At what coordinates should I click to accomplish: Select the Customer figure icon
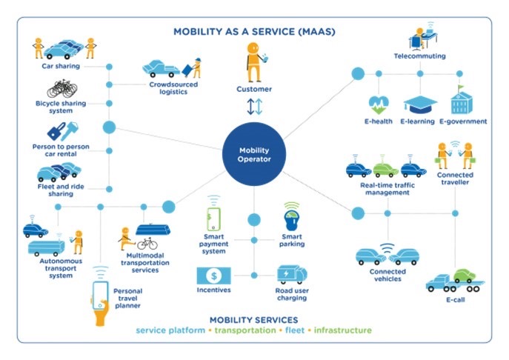[254, 63]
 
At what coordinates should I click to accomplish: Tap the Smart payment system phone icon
[213, 216]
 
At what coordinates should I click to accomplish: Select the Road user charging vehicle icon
[291, 276]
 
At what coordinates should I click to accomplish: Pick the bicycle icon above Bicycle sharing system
[59, 87]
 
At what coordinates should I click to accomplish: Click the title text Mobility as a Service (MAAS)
[254, 32]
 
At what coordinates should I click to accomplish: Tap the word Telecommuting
[419, 56]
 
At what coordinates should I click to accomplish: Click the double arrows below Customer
[254, 107]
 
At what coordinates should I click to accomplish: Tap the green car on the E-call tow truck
[465, 274]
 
